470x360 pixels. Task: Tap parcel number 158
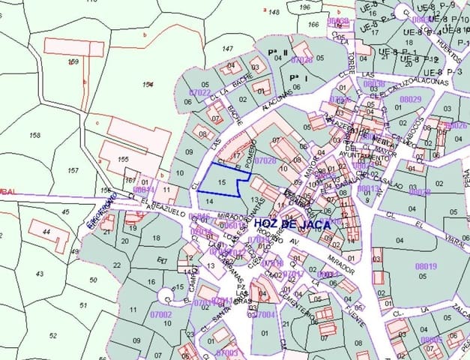35,135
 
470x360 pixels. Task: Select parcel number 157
73,171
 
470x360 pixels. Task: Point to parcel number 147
227,48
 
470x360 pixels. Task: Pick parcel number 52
52,335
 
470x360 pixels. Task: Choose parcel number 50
93,280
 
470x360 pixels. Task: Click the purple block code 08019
425,265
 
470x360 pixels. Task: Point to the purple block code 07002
161,315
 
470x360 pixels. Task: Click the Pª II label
277,52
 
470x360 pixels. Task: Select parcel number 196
304,7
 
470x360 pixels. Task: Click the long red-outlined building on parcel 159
73,47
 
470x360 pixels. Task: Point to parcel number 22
116,265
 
